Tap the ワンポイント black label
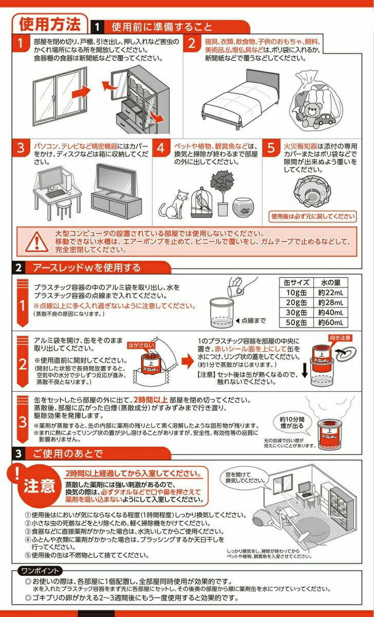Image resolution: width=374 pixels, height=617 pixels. click(41, 571)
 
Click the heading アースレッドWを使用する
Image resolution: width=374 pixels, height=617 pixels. click(86, 267)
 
